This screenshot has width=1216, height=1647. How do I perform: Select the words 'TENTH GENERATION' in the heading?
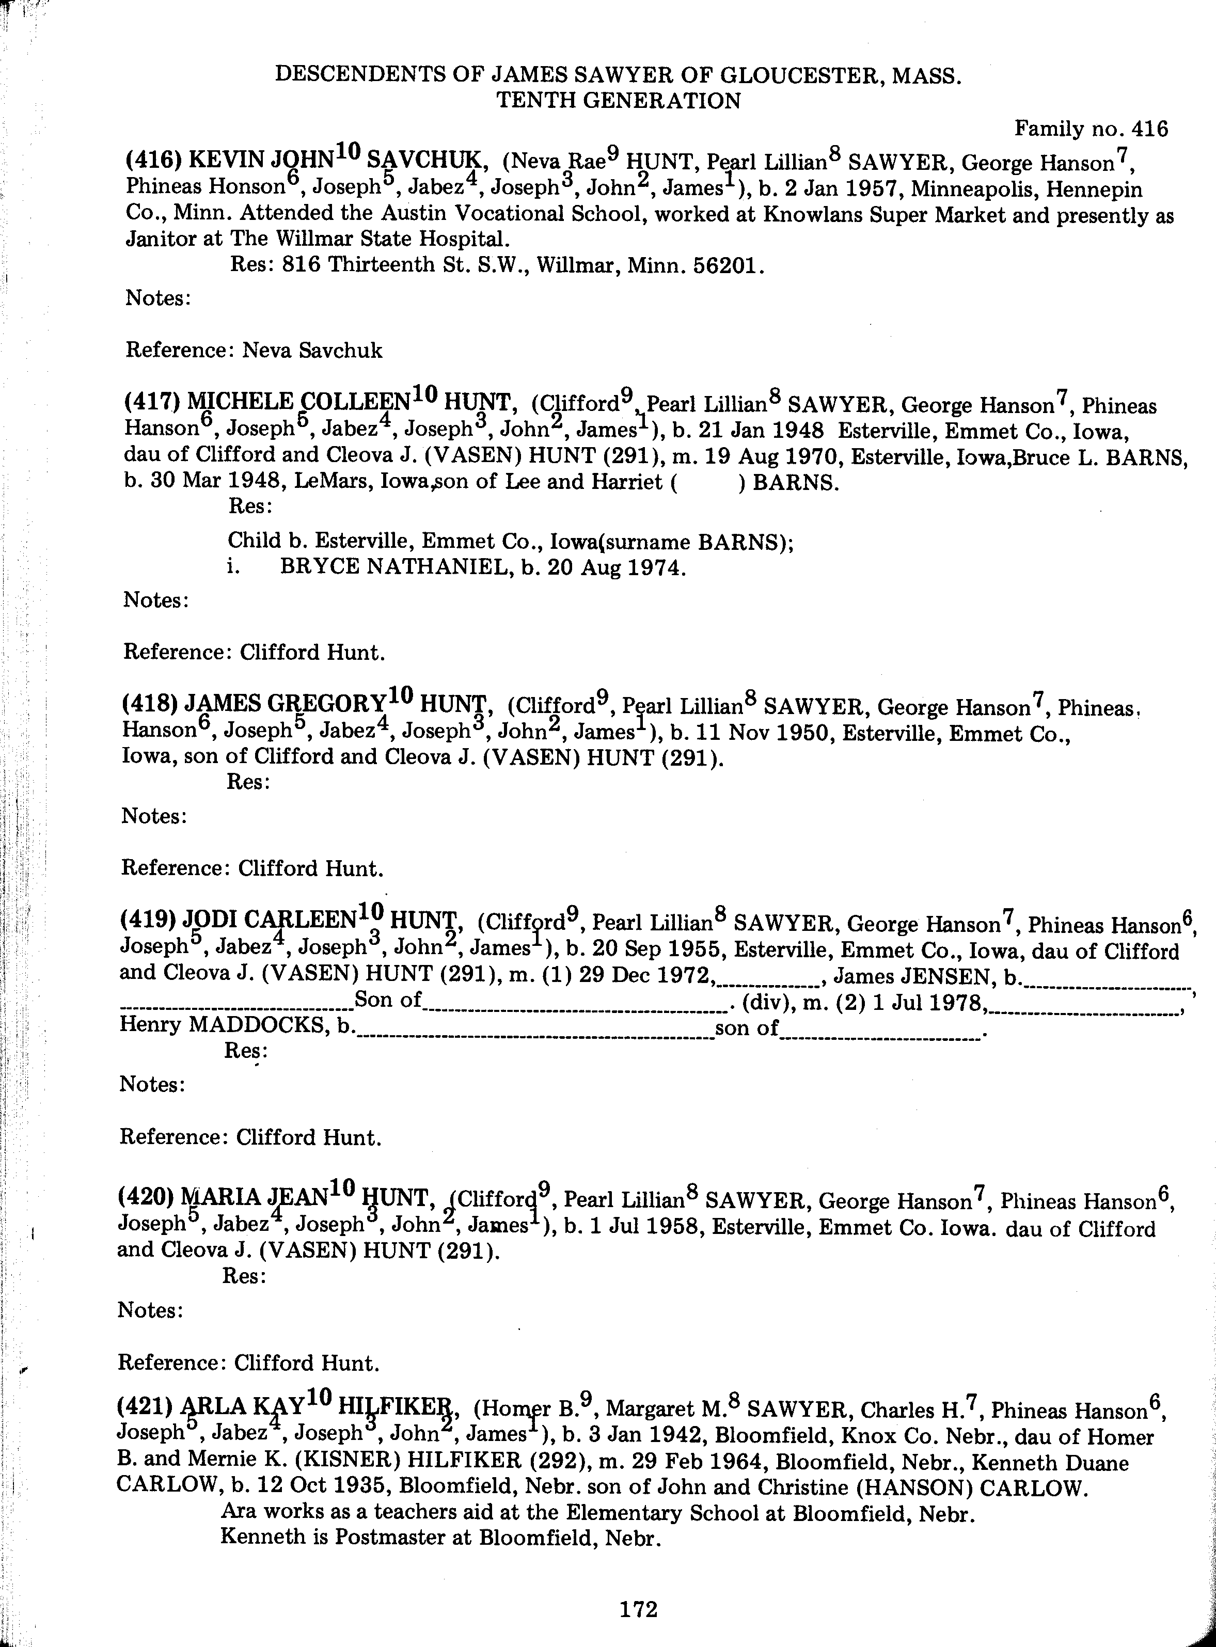[618, 101]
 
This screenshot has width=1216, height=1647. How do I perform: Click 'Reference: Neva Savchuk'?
[254, 350]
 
